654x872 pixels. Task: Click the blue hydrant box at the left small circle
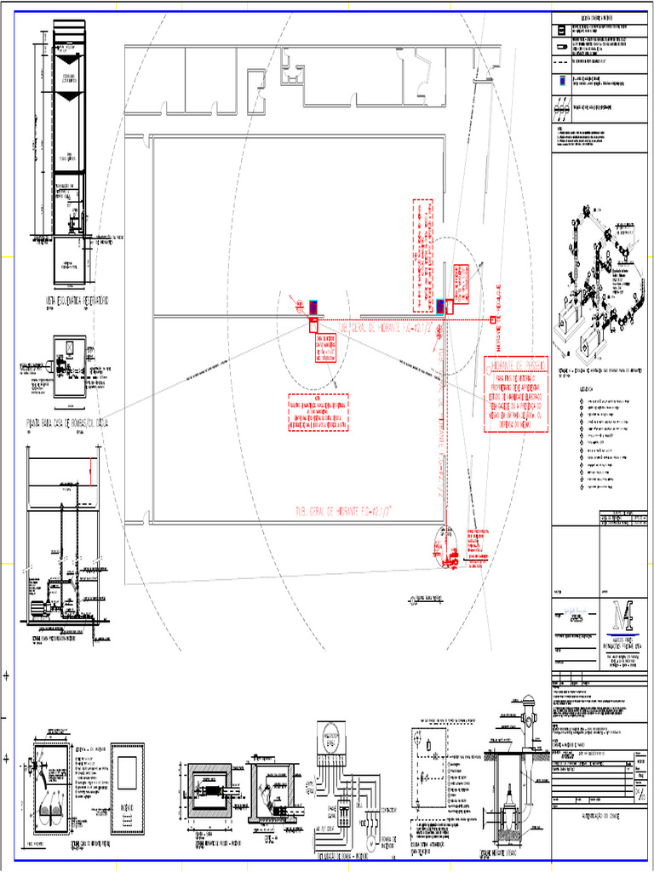[x=313, y=306]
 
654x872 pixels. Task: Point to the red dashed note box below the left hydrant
[x=318, y=413]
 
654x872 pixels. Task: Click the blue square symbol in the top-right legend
[x=561, y=82]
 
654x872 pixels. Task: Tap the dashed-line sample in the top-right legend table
[x=561, y=62]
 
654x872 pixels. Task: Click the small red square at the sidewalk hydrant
[x=494, y=320]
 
